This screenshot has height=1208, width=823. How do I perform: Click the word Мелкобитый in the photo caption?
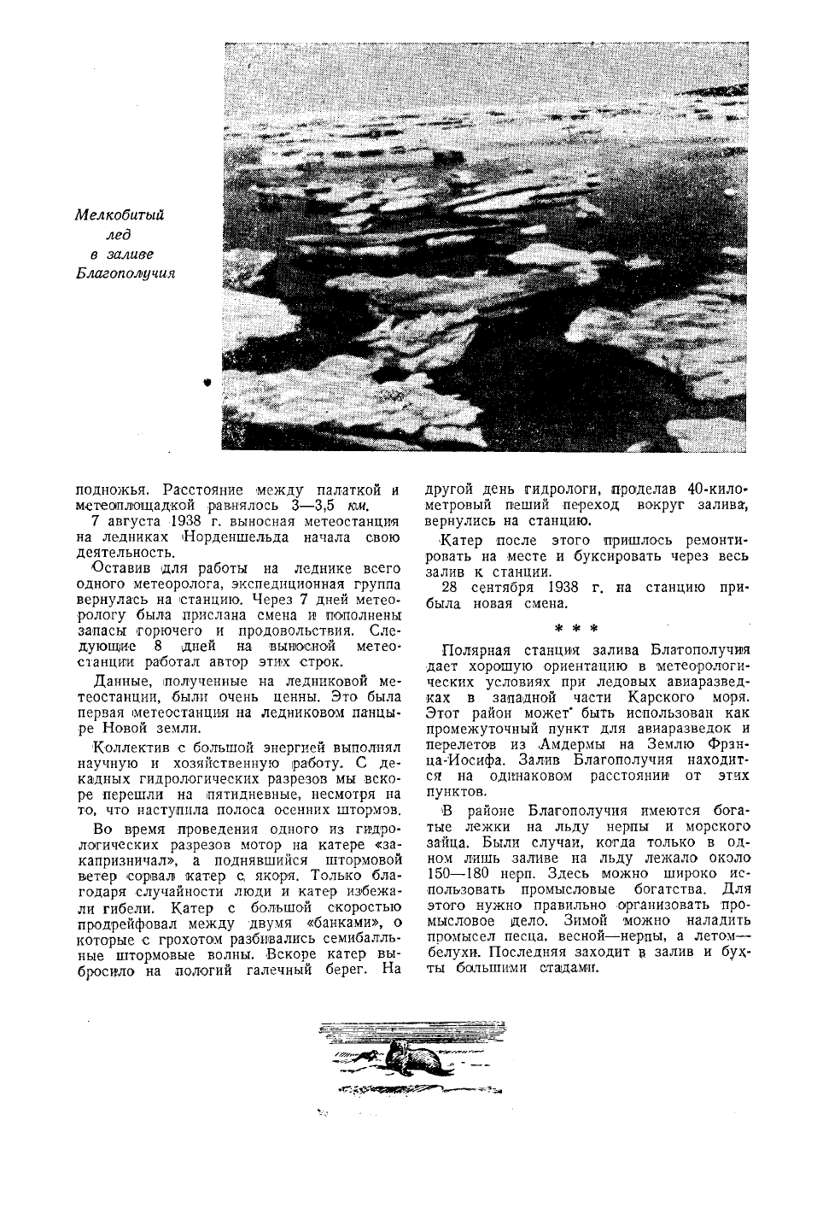coord(119,215)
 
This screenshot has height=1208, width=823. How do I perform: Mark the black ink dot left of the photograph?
coord(207,384)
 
